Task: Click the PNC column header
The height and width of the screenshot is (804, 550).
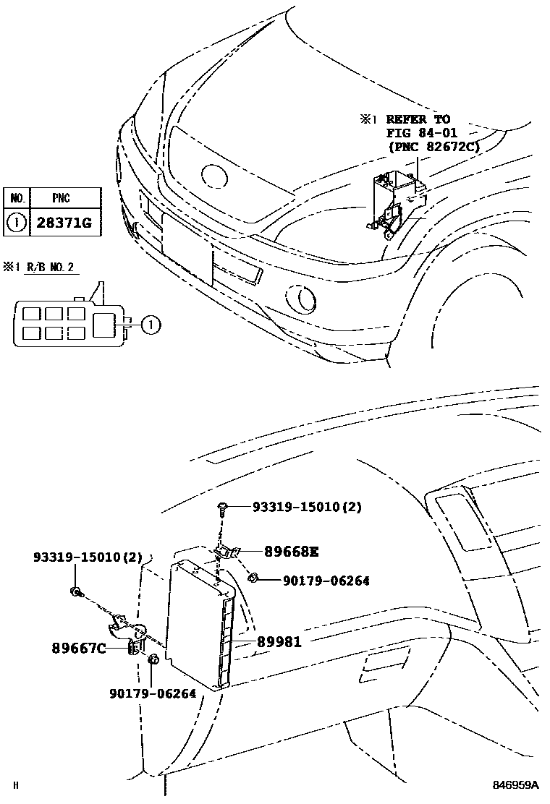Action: click(x=62, y=197)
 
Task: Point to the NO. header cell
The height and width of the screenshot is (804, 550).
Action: click(x=15, y=197)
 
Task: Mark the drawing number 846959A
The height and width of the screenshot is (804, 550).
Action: click(x=517, y=784)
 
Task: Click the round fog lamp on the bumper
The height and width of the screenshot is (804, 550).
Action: click(x=297, y=297)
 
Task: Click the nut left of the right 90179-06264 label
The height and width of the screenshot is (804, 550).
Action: click(x=254, y=578)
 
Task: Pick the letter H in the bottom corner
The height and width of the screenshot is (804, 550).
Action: click(x=14, y=785)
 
